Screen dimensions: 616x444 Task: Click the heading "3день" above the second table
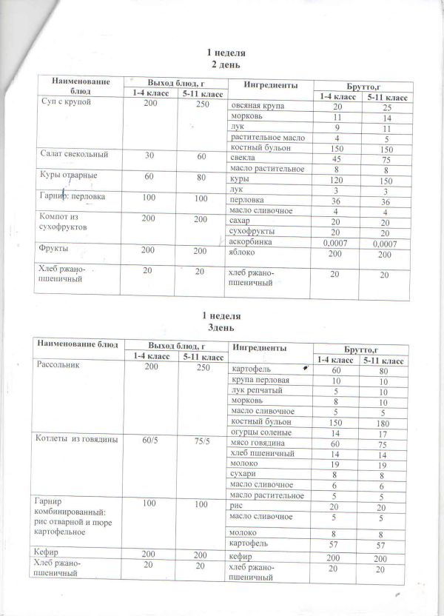pyautogui.click(x=223, y=326)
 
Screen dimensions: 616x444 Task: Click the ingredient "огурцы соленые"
pyautogui.click(x=260, y=432)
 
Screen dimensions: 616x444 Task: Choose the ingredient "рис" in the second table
pyautogui.click(x=237, y=504)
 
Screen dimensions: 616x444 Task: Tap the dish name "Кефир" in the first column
pyautogui.click(x=49, y=552)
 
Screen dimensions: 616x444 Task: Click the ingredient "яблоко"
pyautogui.click(x=243, y=252)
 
